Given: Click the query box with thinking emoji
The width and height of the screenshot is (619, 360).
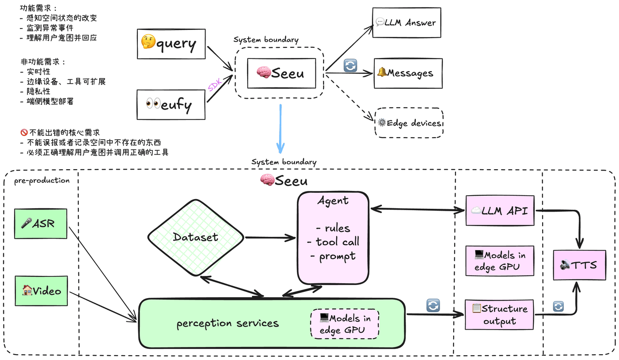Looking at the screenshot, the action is tap(171, 44).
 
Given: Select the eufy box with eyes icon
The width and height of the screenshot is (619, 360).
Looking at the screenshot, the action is tap(171, 105).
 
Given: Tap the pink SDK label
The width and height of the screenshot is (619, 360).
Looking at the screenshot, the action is tap(215, 85).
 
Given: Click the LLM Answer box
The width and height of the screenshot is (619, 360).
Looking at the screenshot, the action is tap(407, 23).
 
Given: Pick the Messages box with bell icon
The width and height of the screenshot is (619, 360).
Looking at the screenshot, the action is tap(408, 73).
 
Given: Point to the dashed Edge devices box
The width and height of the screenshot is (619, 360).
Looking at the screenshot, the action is tap(409, 123).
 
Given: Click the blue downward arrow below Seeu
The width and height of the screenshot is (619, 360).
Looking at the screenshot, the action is tap(280, 129).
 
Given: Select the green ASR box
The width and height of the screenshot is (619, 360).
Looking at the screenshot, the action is tap(41, 224).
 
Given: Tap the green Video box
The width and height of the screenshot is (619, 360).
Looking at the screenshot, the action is tap(41, 291).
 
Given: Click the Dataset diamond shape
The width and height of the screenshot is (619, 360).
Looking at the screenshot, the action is tap(196, 237).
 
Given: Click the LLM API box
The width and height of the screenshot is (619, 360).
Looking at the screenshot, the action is tap(500, 211).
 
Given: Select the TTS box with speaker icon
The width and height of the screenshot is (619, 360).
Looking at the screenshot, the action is tap(579, 265).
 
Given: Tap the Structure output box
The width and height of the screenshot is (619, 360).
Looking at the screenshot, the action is tap(500, 315).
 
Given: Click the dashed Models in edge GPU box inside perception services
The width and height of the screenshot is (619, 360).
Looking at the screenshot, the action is tap(345, 324).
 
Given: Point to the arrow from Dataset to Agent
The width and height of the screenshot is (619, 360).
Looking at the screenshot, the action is tap(270, 237).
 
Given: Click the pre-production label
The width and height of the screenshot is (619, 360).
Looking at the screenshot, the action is tap(42, 181).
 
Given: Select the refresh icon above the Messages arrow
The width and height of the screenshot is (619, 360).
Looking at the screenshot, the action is tap(350, 66).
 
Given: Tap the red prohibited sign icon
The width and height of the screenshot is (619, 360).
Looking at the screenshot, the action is tap(24, 132).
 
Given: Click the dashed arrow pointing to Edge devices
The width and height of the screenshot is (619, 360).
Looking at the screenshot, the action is tap(350, 97).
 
